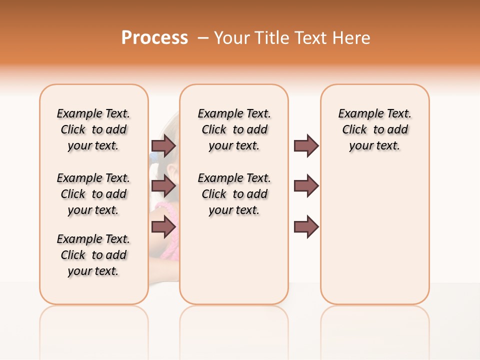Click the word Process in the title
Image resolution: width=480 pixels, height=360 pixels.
click(x=154, y=38)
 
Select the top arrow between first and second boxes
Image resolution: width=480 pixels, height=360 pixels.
click(x=163, y=145)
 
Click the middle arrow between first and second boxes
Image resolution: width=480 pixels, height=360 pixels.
click(x=163, y=186)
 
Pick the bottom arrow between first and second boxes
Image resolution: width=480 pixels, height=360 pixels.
click(x=163, y=226)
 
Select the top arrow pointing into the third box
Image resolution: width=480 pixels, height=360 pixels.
click(x=306, y=145)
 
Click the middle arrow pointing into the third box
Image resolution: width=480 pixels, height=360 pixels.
click(x=306, y=186)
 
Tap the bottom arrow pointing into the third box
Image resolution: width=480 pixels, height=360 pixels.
click(x=306, y=226)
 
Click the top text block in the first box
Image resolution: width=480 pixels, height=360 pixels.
click(x=93, y=129)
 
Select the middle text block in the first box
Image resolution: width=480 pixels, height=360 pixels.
click(x=93, y=194)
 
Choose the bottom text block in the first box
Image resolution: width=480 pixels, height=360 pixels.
click(x=93, y=255)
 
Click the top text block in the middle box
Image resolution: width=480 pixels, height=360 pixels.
click(x=234, y=129)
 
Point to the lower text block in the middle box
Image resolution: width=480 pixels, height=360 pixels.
click(x=234, y=194)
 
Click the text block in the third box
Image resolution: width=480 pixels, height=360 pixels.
click(x=375, y=129)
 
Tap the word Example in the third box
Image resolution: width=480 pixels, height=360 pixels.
click(x=356, y=114)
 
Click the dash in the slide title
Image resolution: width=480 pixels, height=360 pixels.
click(x=203, y=38)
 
